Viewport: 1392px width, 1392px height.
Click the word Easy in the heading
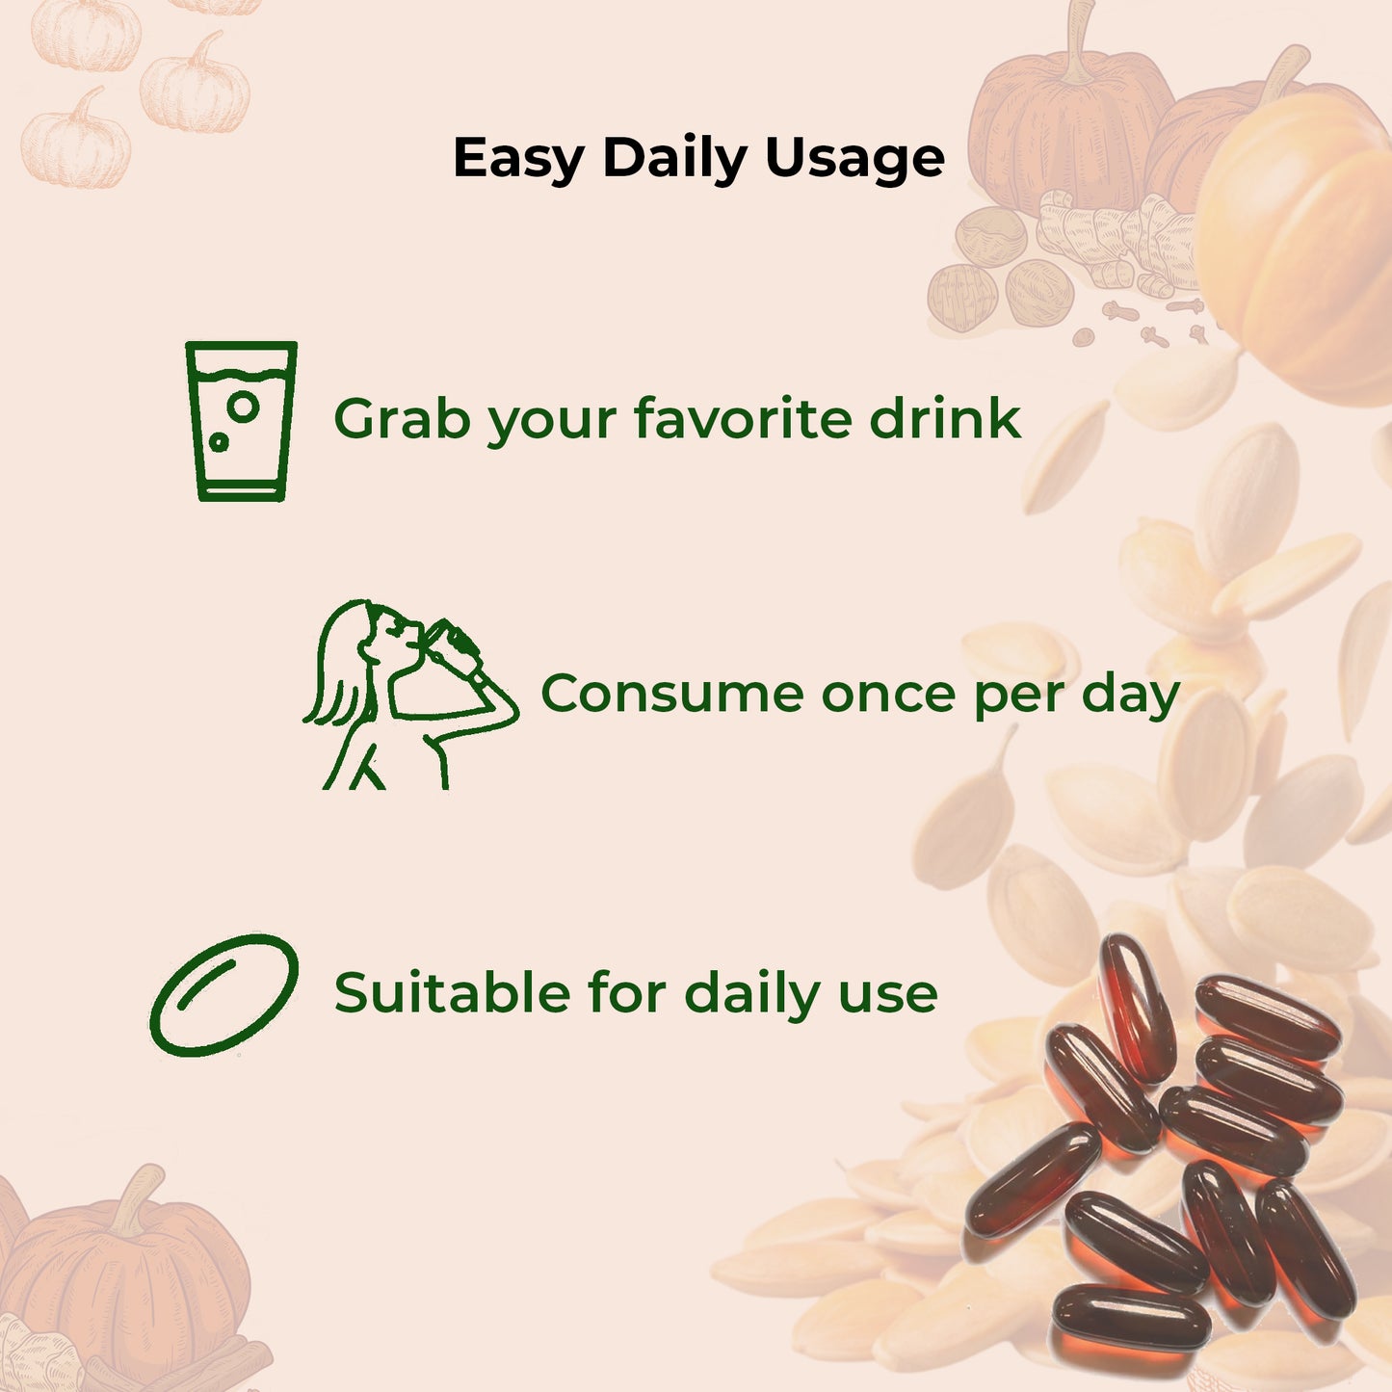(517, 158)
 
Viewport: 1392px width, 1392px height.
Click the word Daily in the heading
(674, 158)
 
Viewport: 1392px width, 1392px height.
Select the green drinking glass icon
(241, 421)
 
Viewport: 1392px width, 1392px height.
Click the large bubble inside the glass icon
(244, 407)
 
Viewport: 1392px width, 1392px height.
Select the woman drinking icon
(409, 694)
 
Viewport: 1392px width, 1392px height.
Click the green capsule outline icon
(224, 994)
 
